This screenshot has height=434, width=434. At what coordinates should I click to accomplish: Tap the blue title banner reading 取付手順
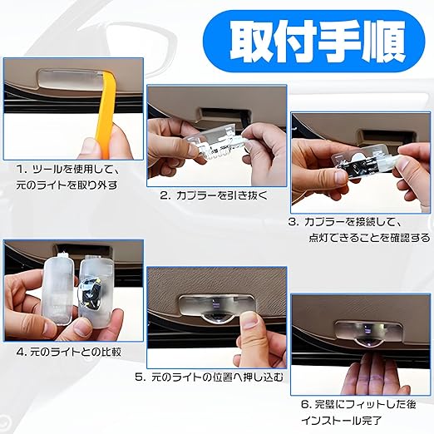point(313,42)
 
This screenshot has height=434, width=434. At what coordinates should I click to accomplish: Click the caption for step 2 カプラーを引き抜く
point(214,195)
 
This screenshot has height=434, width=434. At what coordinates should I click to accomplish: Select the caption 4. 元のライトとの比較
point(69,353)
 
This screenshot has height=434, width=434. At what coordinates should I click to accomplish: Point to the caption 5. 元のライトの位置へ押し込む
point(210,377)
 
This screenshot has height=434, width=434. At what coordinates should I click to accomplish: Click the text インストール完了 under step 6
point(342,421)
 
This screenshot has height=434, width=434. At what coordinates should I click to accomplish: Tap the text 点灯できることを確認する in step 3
point(369,238)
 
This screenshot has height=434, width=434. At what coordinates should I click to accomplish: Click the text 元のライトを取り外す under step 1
point(67,185)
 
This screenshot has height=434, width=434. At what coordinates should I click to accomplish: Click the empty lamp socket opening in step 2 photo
point(224,114)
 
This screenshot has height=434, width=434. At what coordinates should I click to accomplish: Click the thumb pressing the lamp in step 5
point(250,319)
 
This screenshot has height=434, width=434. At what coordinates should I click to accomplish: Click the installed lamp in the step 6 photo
point(368,333)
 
